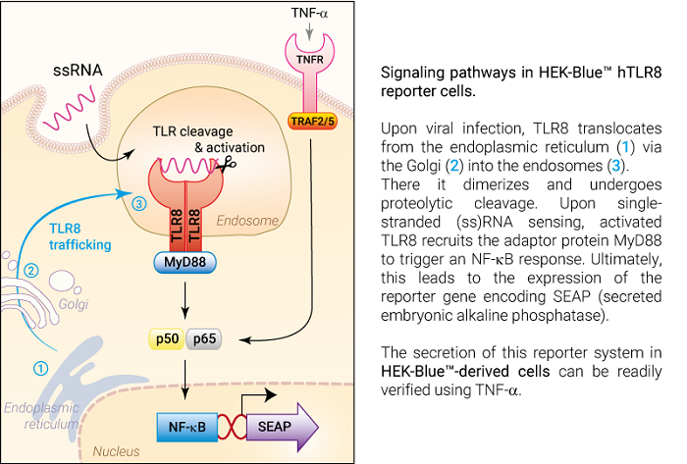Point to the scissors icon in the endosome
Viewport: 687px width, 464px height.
229,165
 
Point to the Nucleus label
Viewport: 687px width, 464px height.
114,451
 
